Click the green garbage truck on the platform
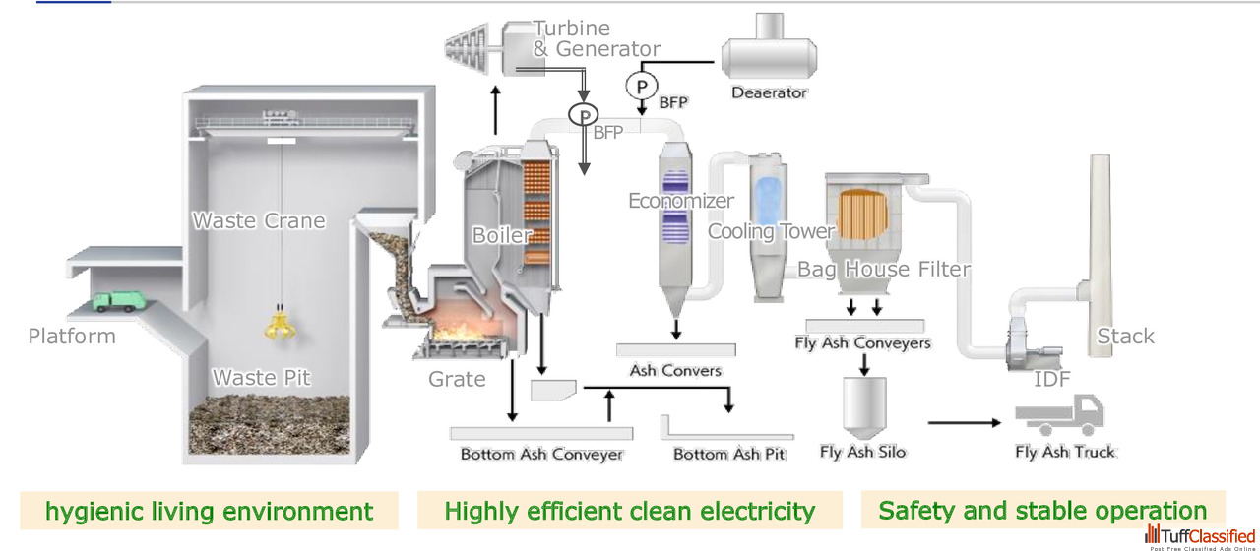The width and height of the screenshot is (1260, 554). click(x=119, y=301)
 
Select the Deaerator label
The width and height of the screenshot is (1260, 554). click(x=769, y=92)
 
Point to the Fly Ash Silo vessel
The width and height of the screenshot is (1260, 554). click(x=864, y=407)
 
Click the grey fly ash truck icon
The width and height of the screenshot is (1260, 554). click(x=1060, y=414)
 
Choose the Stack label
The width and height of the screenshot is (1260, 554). click(x=1125, y=337)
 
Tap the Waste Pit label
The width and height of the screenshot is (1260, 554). click(x=261, y=378)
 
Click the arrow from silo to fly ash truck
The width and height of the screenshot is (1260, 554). click(x=965, y=422)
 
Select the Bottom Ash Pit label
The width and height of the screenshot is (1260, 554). click(x=729, y=454)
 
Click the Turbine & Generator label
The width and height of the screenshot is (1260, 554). click(x=597, y=38)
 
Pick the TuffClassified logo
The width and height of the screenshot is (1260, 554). click(x=1200, y=538)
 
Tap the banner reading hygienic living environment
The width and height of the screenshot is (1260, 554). click(x=210, y=511)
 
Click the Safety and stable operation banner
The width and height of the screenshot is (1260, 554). click(x=1042, y=510)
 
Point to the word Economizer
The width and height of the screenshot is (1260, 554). click(x=680, y=201)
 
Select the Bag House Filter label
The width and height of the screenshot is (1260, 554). click(x=884, y=270)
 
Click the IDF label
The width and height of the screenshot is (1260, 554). click(x=1052, y=379)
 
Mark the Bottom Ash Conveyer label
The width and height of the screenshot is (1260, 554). click(x=541, y=454)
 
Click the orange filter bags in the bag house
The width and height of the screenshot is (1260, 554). click(x=863, y=215)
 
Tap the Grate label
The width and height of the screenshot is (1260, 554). click(x=457, y=379)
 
